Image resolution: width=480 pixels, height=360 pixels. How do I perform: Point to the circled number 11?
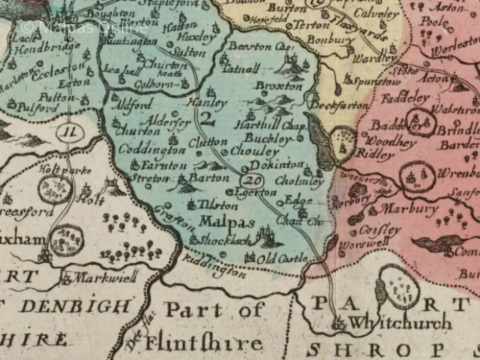(x=68, y=131)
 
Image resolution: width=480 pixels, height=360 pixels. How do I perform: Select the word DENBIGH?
(x=75, y=306)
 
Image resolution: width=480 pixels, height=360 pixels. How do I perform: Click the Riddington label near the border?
(x=213, y=266)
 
